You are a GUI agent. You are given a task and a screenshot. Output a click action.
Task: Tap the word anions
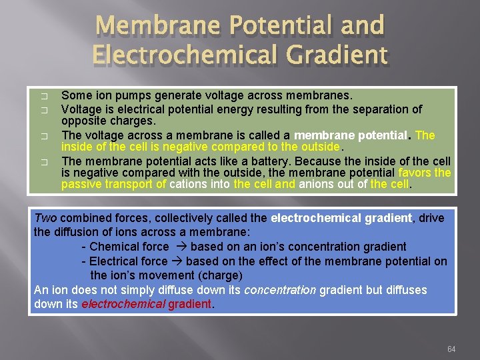(321, 185)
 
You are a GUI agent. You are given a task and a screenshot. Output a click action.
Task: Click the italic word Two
(45, 217)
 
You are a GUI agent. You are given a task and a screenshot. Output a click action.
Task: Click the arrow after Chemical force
(179, 247)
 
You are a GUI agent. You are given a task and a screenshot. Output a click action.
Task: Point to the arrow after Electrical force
(177, 261)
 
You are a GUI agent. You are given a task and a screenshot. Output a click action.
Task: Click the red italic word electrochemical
(123, 304)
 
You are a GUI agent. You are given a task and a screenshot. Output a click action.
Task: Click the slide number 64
(452, 349)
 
